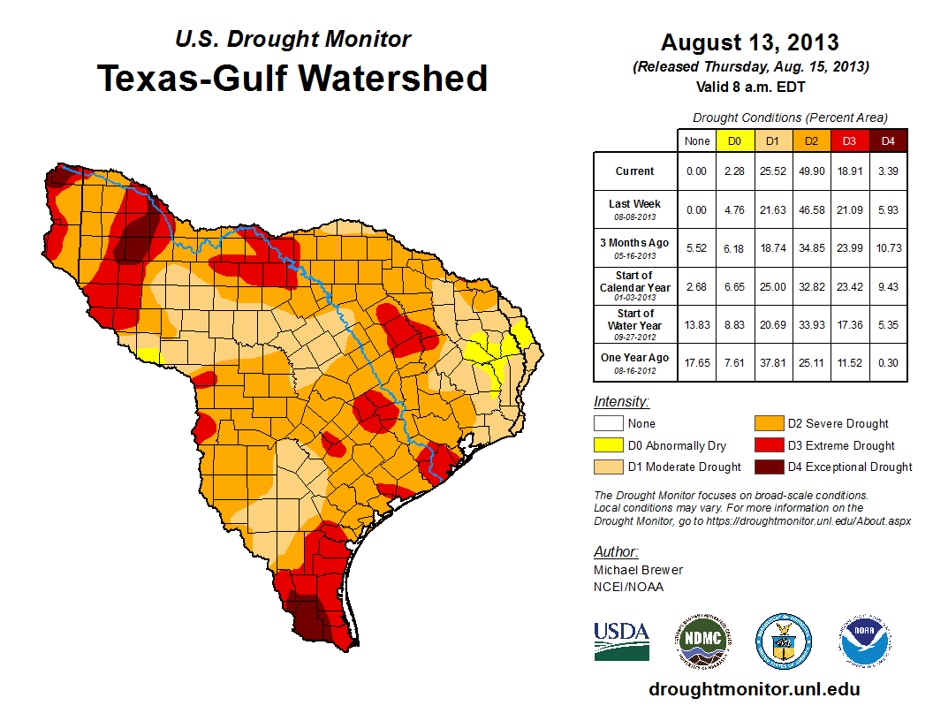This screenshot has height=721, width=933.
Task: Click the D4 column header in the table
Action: tap(888, 140)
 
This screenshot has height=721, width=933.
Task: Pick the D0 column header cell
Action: tap(734, 140)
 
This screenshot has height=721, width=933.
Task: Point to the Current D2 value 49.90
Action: tap(811, 171)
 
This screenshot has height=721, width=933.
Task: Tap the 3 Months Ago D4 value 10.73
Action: tap(888, 248)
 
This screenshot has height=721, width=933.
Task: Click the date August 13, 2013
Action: tap(750, 42)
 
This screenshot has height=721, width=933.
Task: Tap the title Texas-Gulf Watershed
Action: tap(292, 78)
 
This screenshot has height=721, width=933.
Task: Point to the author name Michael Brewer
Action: tap(638, 570)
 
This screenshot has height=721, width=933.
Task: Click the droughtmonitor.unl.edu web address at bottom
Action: tap(754, 689)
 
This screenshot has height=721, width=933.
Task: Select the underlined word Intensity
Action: tap(622, 402)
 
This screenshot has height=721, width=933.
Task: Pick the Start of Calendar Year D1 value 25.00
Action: tap(773, 287)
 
